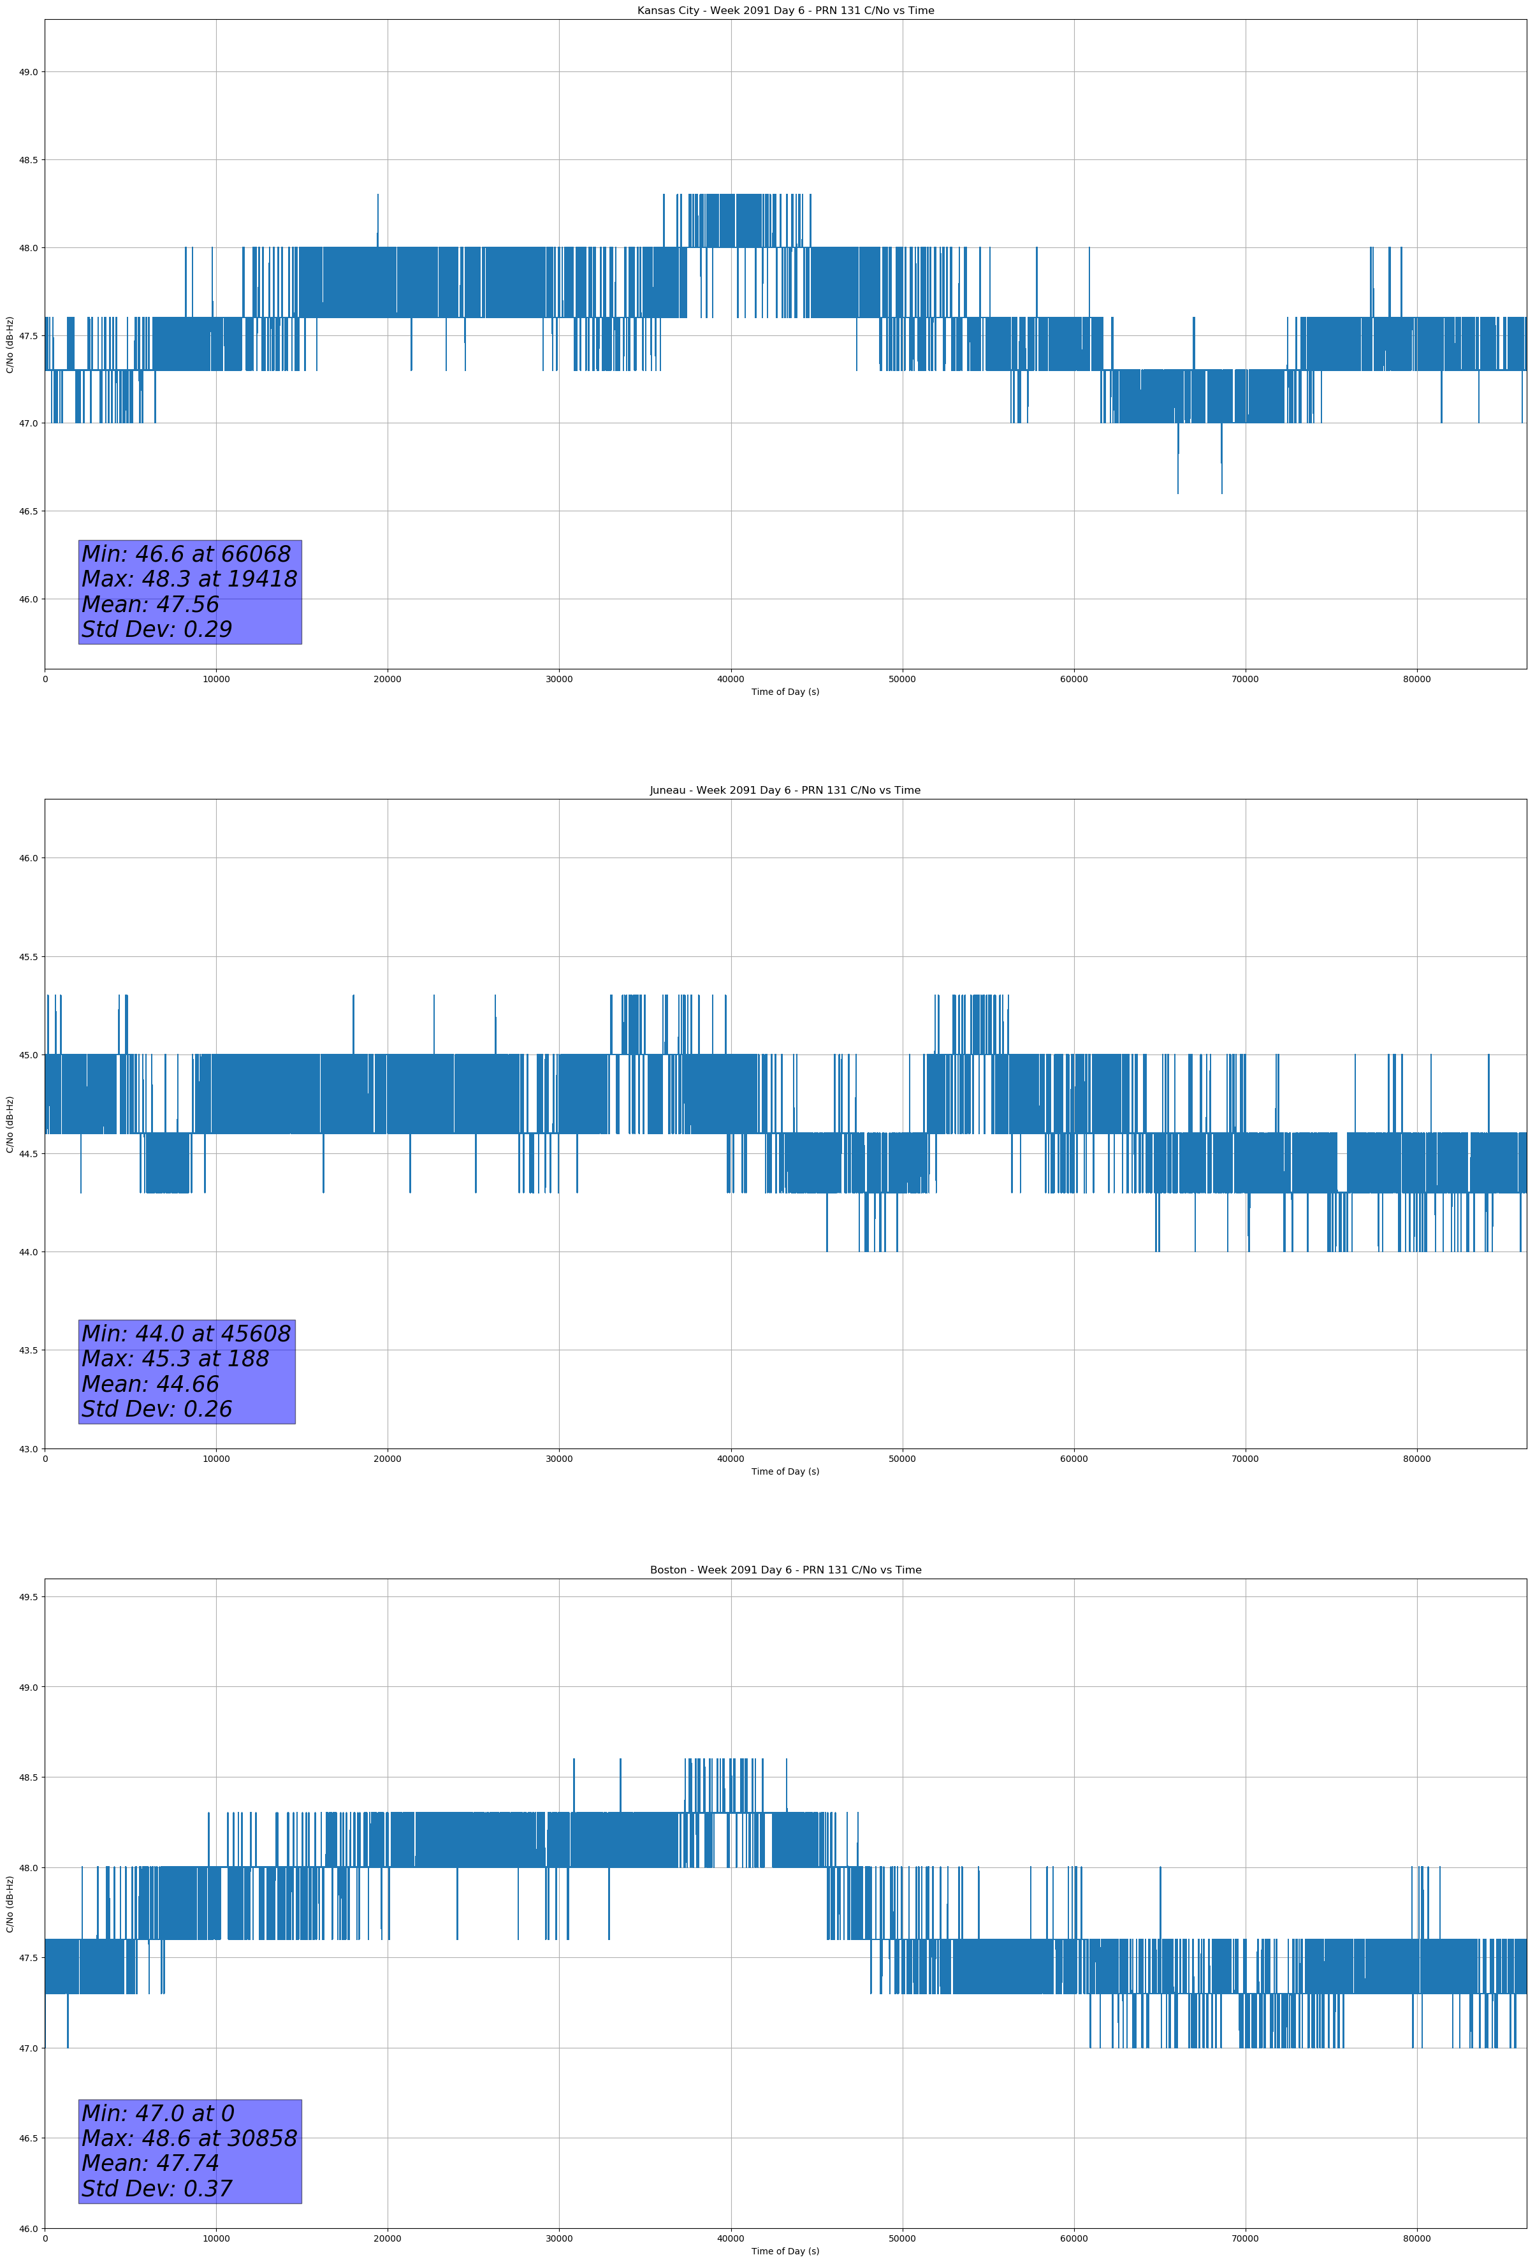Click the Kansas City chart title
785,11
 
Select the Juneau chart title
785,791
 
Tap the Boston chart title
785,1570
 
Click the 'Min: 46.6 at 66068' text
186,554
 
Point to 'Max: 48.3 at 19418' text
189,579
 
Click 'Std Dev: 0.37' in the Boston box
157,2189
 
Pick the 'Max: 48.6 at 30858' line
189,2138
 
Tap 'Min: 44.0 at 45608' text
186,1334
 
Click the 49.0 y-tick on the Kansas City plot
28,72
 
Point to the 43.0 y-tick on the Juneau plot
28,1449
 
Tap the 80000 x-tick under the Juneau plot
1416,1459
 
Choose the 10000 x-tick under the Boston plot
216,2238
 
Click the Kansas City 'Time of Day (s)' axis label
785,692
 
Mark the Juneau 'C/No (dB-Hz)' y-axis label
10,1124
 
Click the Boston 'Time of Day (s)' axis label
785,2251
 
